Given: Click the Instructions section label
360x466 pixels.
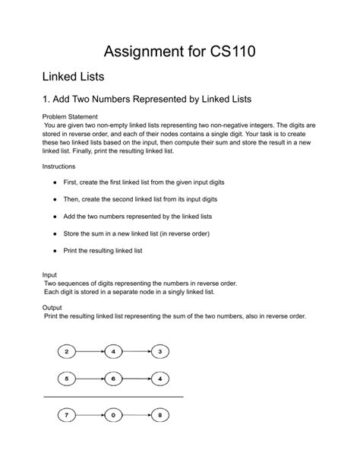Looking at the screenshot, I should coord(59,166).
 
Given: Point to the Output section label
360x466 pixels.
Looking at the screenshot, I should coord(52,308).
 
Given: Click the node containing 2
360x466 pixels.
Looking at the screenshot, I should coord(67,351).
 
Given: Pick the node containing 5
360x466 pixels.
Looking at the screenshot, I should coord(67,378).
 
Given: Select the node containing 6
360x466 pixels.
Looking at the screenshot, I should coord(113,378).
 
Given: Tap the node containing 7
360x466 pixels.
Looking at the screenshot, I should coord(67,416).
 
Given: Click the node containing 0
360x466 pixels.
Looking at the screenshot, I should coord(113,416).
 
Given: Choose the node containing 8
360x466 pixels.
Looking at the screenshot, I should coord(159,416).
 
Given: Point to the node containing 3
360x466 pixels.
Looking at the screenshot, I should coord(159,351).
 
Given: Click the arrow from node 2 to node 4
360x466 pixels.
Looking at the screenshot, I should coord(90,351).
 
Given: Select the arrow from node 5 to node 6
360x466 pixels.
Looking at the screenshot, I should coord(90,378).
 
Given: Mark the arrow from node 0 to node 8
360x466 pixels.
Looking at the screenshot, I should coord(136,416).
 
